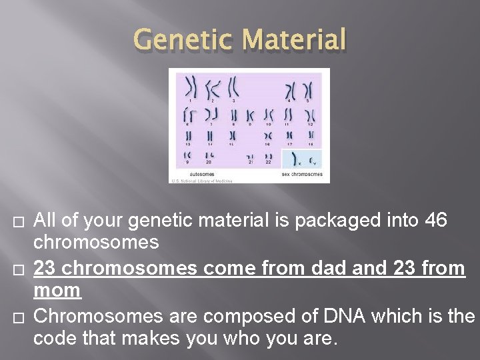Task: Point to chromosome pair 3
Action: [x=233, y=86]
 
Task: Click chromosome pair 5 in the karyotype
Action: [x=308, y=89]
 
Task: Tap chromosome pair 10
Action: [x=269, y=114]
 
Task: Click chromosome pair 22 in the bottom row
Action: [x=269, y=157]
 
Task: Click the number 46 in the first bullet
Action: [x=437, y=219]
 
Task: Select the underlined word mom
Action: [x=57, y=291]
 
